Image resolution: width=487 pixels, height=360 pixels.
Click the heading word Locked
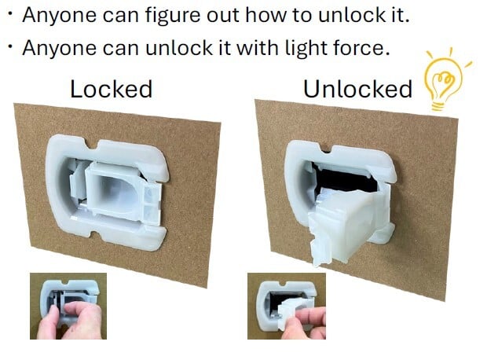[x=112, y=90]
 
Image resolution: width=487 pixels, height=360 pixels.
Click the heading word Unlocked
[x=357, y=90]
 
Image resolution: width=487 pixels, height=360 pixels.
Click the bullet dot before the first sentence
[x=10, y=14]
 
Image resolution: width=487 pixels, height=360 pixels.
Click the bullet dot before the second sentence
[x=10, y=47]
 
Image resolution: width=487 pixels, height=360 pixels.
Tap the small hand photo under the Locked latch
[x=68, y=307]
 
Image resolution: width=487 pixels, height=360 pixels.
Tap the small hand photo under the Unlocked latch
[x=287, y=307]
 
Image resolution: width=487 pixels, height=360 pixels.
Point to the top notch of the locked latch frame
[x=92, y=144]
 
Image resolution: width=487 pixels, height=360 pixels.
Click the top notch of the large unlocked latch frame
[x=325, y=149]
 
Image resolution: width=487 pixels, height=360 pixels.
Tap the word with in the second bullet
[x=257, y=48]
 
